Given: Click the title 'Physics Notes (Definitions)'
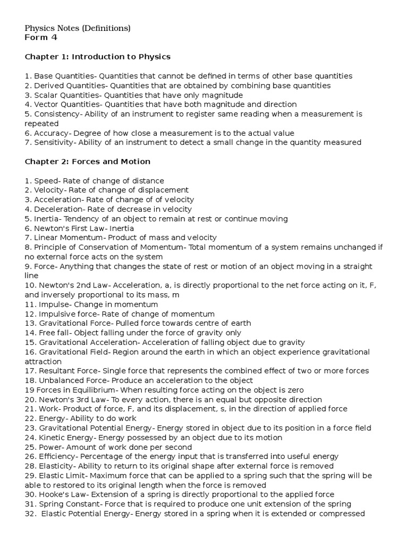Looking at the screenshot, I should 78,28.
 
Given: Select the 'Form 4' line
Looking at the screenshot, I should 41,37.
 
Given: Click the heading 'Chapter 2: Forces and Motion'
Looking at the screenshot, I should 88,161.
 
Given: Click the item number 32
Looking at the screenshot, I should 30,514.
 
